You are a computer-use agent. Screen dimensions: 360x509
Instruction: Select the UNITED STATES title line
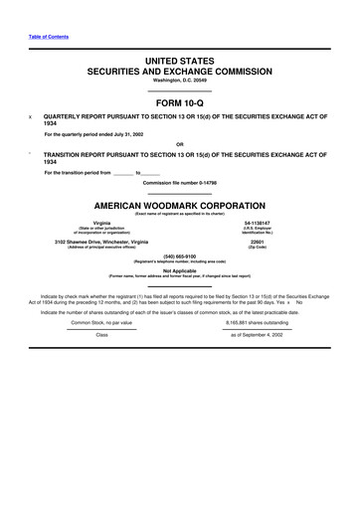coord(179,62)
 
